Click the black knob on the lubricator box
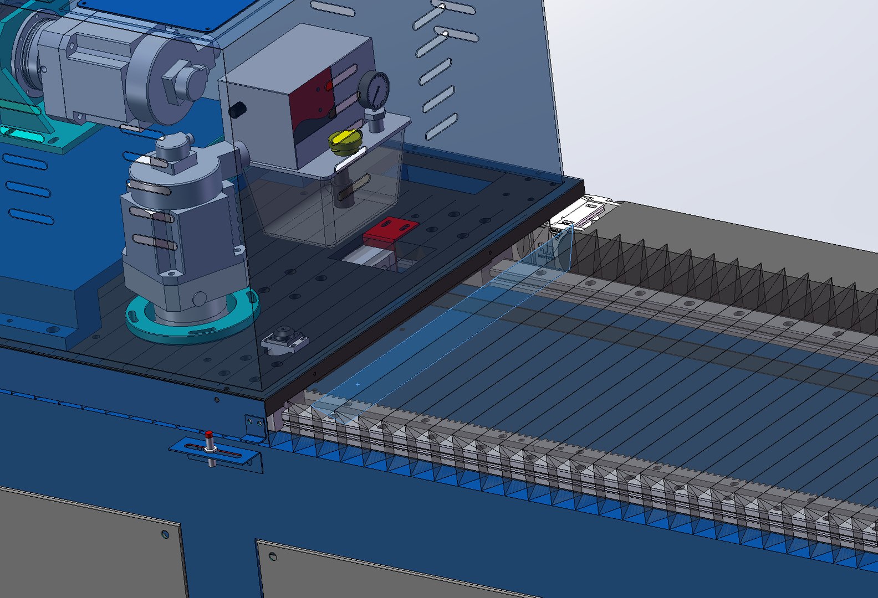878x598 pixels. point(237,110)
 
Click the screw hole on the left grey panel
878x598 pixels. point(165,534)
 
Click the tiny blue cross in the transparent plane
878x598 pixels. point(358,384)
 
